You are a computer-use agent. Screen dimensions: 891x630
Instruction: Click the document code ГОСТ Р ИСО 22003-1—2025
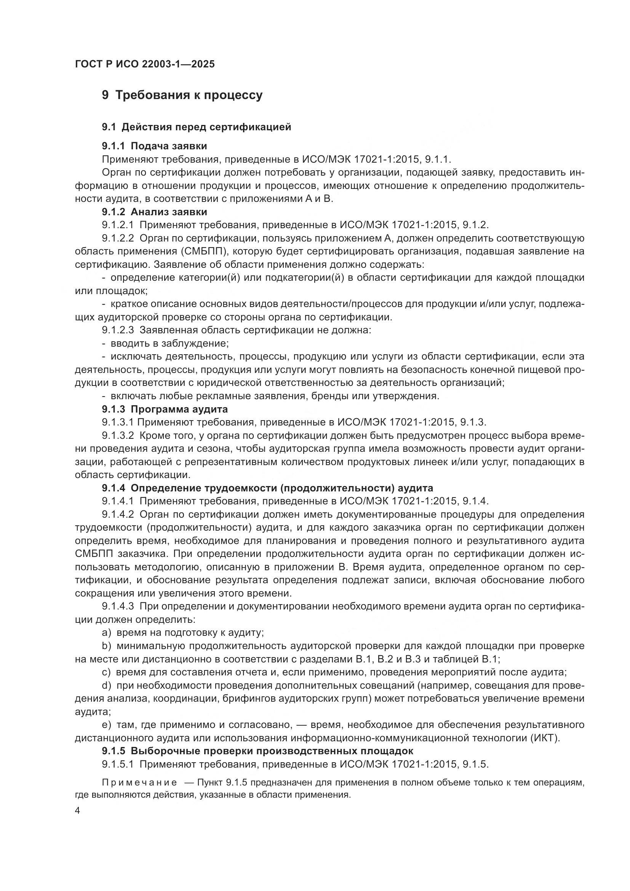tap(145, 64)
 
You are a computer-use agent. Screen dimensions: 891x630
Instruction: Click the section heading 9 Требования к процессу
tap(182, 95)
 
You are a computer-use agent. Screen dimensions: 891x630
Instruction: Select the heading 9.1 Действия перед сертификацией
tap(196, 127)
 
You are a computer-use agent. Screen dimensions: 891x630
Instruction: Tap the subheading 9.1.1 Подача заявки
tap(154, 146)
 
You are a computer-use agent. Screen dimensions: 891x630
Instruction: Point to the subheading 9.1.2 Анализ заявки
tap(154, 212)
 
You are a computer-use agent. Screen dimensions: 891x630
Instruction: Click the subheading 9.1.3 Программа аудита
tap(165, 409)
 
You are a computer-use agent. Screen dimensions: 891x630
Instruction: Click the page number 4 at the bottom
tap(77, 811)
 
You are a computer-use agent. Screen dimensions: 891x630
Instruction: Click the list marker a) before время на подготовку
tap(107, 633)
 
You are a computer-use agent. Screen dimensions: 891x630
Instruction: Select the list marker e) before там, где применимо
tap(107, 725)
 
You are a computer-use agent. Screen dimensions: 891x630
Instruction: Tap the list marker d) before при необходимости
tap(107, 685)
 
